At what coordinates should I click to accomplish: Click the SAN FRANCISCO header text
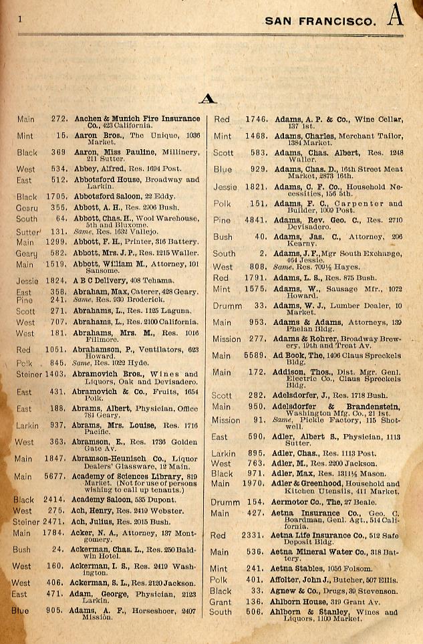pyautogui.click(x=319, y=21)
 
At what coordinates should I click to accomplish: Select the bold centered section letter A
pyautogui.click(x=208, y=99)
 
